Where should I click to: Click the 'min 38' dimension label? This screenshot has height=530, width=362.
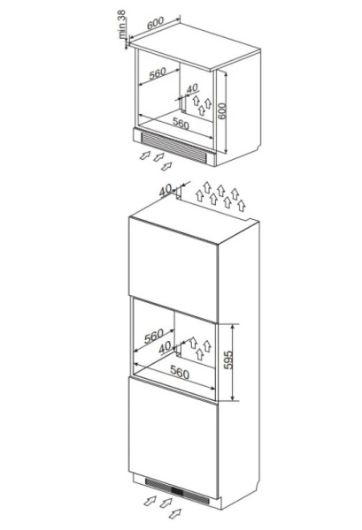coord(121,24)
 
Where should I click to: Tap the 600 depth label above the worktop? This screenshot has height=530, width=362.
coord(156,22)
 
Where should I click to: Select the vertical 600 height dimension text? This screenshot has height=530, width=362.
coord(221,111)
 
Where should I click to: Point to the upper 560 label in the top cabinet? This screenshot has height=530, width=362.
coord(158,73)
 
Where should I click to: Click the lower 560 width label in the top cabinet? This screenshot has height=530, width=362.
coord(181,123)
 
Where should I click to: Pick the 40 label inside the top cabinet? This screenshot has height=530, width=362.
coord(192,88)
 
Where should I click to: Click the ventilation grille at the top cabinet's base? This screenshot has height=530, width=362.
coord(174,147)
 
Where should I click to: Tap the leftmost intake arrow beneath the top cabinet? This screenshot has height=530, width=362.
coord(145,155)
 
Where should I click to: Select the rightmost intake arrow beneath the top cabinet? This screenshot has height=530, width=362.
coord(166,166)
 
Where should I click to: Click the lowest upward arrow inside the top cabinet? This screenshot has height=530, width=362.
coord(202,110)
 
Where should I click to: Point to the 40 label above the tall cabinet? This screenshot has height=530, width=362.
coord(166,190)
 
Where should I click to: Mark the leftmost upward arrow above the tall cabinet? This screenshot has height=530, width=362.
coord(200,196)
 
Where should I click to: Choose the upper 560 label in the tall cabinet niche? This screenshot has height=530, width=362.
coord(154,336)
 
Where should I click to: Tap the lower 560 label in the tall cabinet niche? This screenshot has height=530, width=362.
coord(180,373)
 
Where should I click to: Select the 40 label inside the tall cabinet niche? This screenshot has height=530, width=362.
coord(165,347)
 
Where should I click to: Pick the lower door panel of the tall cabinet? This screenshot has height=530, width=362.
coord(173,438)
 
